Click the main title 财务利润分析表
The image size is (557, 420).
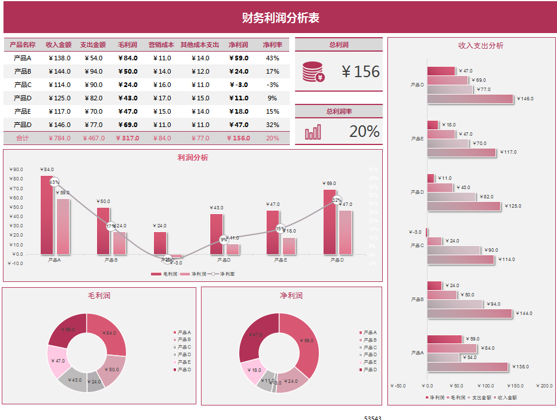pyautogui.click(x=281, y=18)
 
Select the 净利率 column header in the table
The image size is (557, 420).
pyautogui.click(x=272, y=45)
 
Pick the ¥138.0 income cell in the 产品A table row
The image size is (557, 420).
pyautogui.click(x=59, y=58)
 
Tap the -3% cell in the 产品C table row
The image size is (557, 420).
pyautogui.click(x=272, y=85)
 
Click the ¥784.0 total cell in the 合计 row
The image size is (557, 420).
pyautogui.click(x=59, y=138)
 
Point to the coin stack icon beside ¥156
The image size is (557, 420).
pyautogui.click(x=314, y=72)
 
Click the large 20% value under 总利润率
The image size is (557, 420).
pyautogui.click(x=364, y=132)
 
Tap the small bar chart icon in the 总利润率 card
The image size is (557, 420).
pyautogui.click(x=313, y=132)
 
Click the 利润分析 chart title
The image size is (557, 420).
pyautogui.click(x=193, y=157)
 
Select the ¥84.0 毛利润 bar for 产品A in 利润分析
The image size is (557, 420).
pyautogui.click(x=46, y=215)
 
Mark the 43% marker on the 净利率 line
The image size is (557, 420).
pyautogui.click(x=55, y=182)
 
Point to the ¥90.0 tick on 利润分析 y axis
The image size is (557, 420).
pyautogui.click(x=16, y=169)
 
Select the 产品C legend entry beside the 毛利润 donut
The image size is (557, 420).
pyautogui.click(x=184, y=347)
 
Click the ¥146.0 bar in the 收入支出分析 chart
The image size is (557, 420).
pyautogui.click(x=470, y=99)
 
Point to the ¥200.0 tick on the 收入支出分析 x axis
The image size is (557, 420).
pyautogui.click(x=545, y=385)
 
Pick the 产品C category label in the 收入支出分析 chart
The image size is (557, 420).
pyautogui.click(x=417, y=245)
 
